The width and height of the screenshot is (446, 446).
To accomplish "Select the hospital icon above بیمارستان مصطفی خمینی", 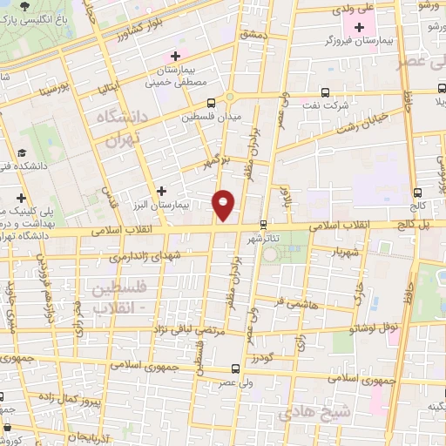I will [177, 57].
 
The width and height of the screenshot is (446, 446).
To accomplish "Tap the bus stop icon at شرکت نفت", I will [325, 91].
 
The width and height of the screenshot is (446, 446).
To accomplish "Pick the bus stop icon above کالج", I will [418, 193].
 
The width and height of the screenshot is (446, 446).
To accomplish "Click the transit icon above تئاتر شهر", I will [263, 223].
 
